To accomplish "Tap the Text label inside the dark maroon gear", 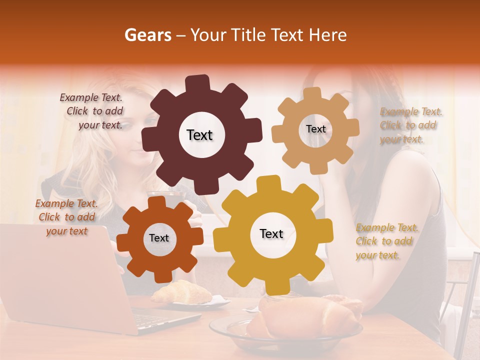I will (x=199, y=135).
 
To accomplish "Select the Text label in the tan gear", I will (x=315, y=129).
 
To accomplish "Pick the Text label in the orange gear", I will (x=159, y=238).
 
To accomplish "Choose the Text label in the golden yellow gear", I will (x=271, y=234).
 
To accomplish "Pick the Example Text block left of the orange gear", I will (x=66, y=217).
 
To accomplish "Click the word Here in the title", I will (x=328, y=35).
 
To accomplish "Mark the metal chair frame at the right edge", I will (x=470, y=300).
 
